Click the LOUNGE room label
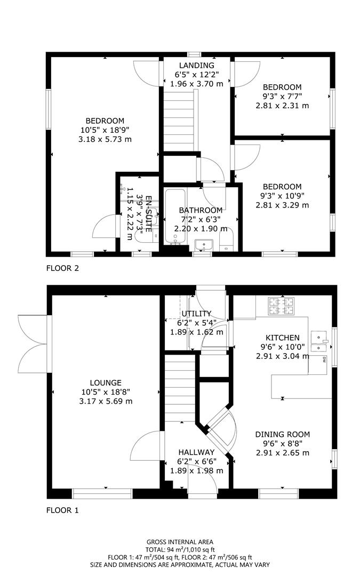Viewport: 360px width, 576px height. click(106, 382)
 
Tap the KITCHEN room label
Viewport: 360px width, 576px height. click(283, 338)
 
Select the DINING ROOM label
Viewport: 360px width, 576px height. click(283, 434)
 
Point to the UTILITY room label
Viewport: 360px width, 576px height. click(196, 314)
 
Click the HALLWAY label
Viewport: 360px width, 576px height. click(196, 452)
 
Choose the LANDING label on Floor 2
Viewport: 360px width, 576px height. click(196, 66)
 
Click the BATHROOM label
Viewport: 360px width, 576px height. click(201, 210)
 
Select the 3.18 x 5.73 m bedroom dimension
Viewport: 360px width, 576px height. click(106, 139)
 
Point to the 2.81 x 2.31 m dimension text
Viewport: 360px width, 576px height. click(283, 106)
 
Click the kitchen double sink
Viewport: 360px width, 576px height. click(320, 342)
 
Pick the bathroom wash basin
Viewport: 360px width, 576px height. click(203, 245)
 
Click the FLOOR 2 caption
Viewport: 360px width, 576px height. click(62, 268)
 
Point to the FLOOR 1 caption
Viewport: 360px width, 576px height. click(62, 510)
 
